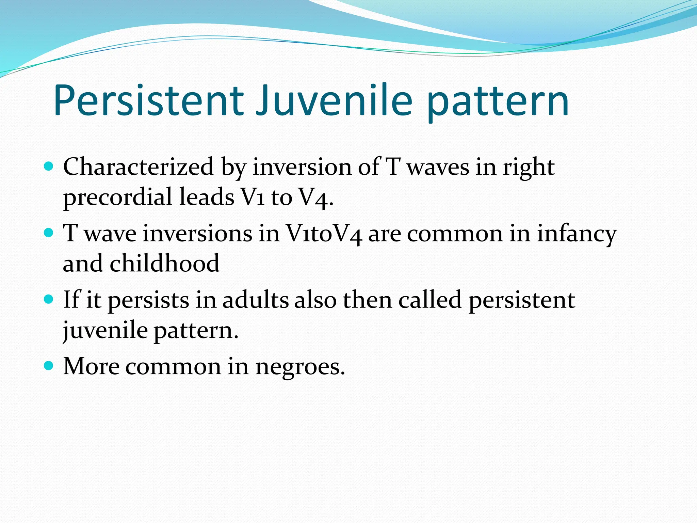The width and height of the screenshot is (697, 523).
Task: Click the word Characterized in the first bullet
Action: pos(138,167)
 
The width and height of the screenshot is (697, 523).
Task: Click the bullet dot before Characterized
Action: pos(49,167)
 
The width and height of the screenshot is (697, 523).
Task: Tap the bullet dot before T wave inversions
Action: pos(49,233)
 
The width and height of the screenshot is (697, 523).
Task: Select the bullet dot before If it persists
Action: pos(49,300)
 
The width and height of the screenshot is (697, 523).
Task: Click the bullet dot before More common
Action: pos(49,366)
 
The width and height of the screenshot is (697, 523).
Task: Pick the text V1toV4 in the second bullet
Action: pos(324,234)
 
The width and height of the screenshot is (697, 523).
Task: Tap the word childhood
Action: pos(164,264)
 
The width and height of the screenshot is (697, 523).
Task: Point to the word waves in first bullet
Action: pos(438,168)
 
